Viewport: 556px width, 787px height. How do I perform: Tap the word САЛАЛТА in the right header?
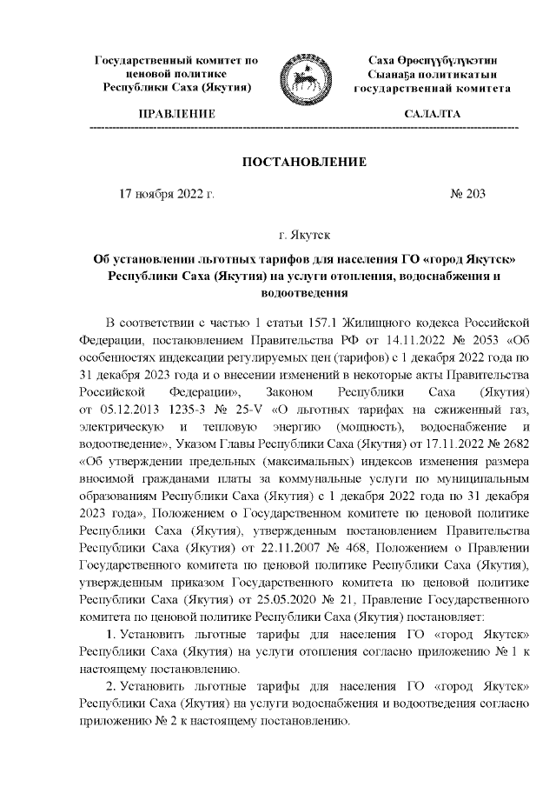pos(432,115)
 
